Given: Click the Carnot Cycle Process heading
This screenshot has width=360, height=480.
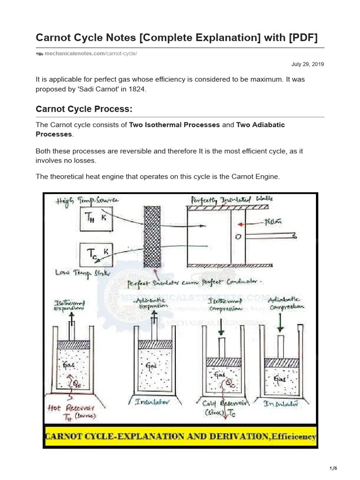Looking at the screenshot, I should point(84,109).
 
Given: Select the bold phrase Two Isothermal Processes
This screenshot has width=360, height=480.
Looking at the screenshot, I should point(174,125).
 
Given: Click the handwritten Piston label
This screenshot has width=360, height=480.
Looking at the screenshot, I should point(273,222).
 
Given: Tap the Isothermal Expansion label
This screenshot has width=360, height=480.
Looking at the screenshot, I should point(71,307).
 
